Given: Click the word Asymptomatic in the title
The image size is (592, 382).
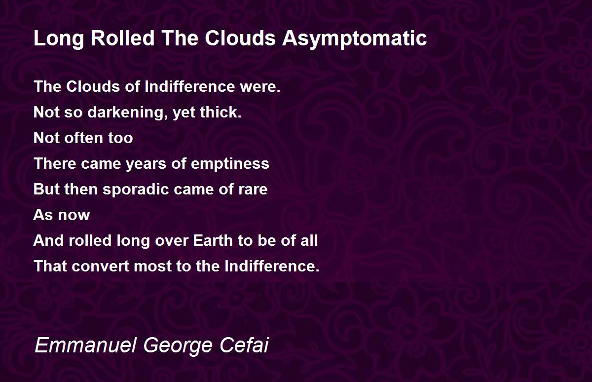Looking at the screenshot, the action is pos(354,39).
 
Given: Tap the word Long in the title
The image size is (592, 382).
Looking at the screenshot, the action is pos(59,39).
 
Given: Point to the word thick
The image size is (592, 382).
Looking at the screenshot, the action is pos(221,112).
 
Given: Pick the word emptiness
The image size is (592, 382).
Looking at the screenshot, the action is pos(230,164).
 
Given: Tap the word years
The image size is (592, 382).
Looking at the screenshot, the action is pos(146,164).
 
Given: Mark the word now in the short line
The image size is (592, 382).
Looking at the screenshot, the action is pos(74,215).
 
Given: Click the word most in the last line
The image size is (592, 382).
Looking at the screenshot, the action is pos(153,267).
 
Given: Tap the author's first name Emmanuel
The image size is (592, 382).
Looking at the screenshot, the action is pos(85,345).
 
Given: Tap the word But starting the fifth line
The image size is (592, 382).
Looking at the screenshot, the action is pos(46,190).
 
